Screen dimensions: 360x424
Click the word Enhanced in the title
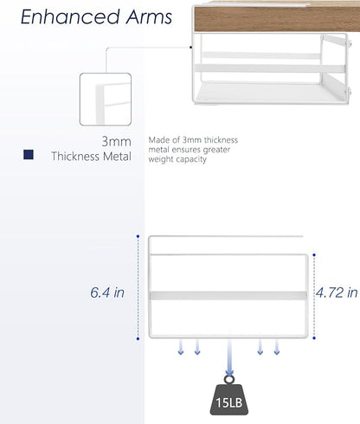point(70,16)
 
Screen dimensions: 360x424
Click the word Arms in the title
point(149,16)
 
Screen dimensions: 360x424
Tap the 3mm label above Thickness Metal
point(116,141)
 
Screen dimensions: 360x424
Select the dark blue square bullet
point(29,155)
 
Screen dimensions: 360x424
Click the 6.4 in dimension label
point(107,292)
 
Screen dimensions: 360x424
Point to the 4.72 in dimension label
point(337,292)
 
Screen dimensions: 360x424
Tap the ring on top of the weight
point(229,379)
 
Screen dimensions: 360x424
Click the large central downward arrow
point(229,357)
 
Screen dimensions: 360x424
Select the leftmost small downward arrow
point(181,347)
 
